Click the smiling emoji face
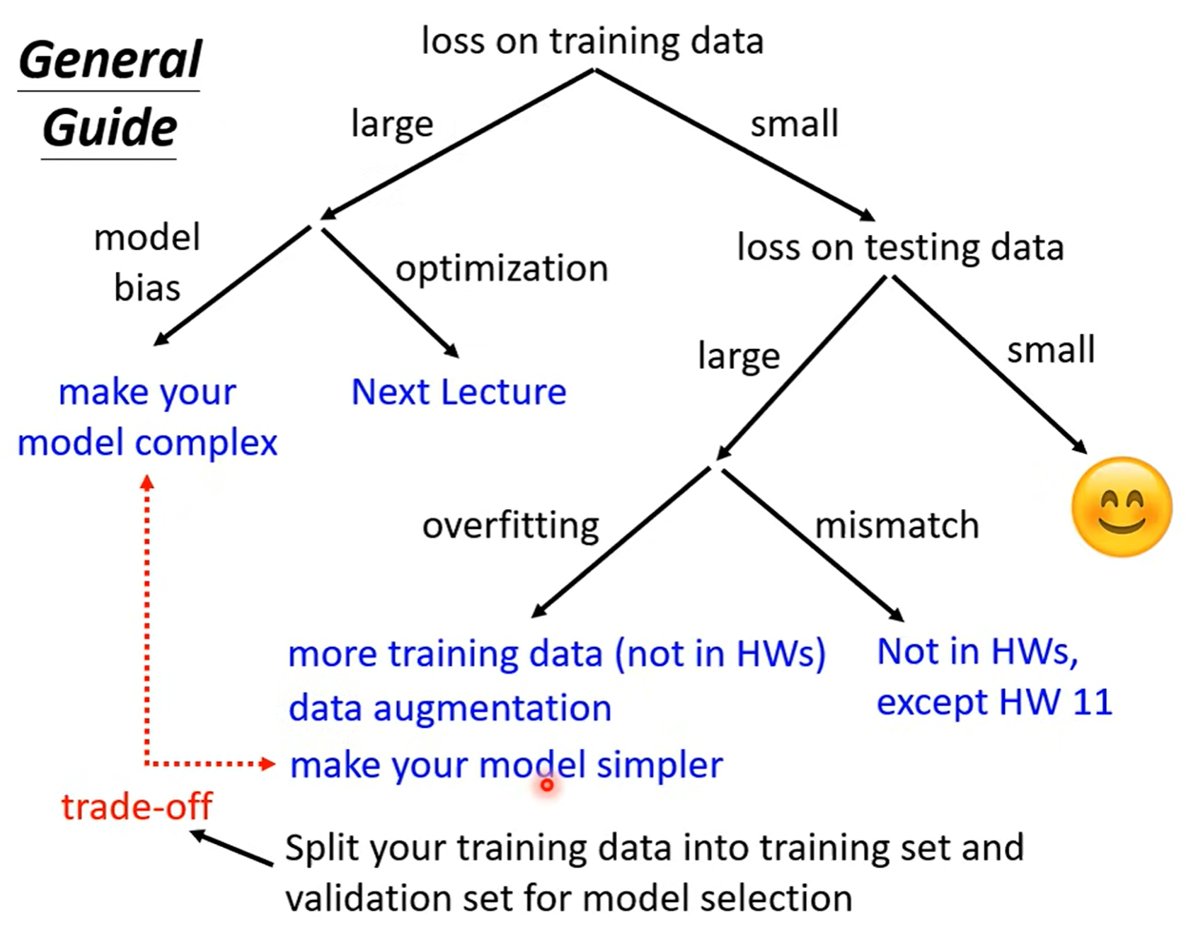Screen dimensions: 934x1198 point(1122,507)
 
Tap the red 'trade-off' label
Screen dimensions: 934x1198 point(137,806)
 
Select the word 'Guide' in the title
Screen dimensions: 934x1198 point(110,128)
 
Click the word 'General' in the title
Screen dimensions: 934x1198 point(110,60)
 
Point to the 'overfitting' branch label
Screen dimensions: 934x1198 point(510,525)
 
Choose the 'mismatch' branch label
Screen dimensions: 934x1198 point(897,525)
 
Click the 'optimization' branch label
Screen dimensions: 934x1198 point(502,269)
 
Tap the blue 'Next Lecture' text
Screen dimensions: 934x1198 point(459,392)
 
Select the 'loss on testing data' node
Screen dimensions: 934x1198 point(900,248)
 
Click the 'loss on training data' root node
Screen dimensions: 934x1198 point(592,40)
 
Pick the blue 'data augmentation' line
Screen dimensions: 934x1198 point(450,708)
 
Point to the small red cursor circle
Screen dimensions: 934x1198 point(547,785)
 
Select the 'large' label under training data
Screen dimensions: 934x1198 point(392,125)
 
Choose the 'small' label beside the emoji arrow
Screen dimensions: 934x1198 point(1051,350)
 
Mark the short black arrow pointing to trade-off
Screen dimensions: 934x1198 point(232,848)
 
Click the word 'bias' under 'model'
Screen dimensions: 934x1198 point(147,288)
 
